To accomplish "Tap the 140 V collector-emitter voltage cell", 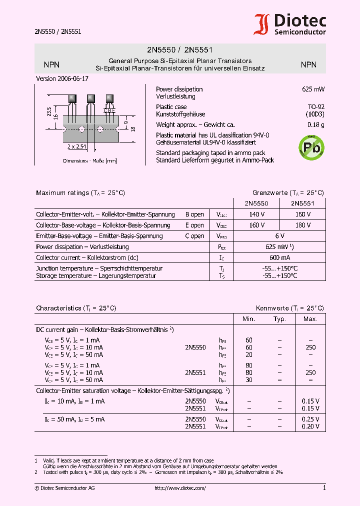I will pyautogui.click(x=256, y=214).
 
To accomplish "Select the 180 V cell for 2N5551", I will pyautogui.click(x=303, y=225).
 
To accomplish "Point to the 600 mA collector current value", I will pyautogui.click(x=279, y=257).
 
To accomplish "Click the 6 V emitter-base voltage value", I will pyautogui.click(x=279, y=236).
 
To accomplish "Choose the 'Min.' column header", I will pyautogui.click(x=249, y=319).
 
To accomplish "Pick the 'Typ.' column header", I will pyautogui.click(x=279, y=319).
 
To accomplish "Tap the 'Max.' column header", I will pyautogui.click(x=310, y=319).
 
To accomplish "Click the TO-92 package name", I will pyautogui.click(x=316, y=107).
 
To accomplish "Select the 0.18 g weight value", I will pyautogui.click(x=316, y=125).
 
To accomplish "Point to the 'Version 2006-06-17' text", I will pyautogui.click(x=62, y=79).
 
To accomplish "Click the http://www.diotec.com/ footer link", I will pyautogui.click(x=180, y=488).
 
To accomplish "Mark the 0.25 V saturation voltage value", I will pyautogui.click(x=310, y=419).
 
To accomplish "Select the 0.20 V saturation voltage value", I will pyautogui.click(x=310, y=426).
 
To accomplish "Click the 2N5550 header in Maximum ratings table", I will pyautogui.click(x=256, y=203).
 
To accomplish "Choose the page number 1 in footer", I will pyautogui.click(x=324, y=488).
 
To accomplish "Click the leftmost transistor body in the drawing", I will pyautogui.click(x=72, y=98).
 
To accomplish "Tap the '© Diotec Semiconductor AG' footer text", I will pyautogui.click(x=64, y=488).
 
